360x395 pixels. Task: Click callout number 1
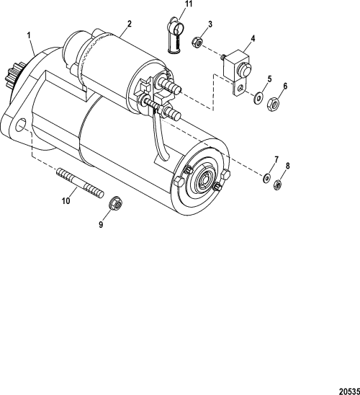29,34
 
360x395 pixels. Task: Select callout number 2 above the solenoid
128,24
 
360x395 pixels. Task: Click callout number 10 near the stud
66,202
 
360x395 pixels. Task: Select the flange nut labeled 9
114,205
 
